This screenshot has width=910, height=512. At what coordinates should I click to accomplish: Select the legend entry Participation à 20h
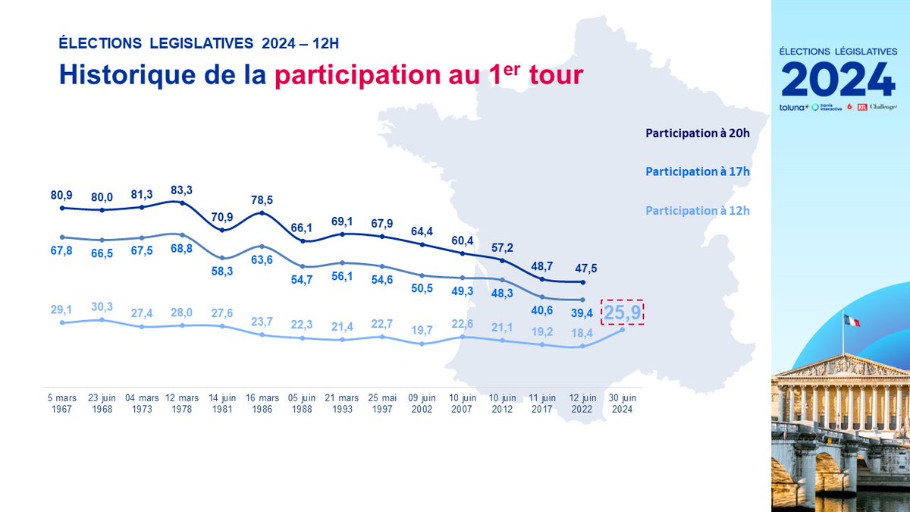click(x=697, y=133)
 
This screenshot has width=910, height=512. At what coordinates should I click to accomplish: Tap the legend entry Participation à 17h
click(x=697, y=171)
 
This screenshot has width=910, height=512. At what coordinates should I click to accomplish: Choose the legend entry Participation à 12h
click(x=697, y=210)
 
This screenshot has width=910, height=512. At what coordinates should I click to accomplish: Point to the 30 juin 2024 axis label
click(x=622, y=404)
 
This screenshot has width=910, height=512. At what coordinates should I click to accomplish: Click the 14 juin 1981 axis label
click(x=223, y=404)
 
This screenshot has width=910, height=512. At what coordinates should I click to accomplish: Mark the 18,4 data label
click(x=582, y=333)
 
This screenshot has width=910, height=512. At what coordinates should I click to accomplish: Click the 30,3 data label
click(x=102, y=306)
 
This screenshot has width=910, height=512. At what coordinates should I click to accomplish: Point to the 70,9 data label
click(x=221, y=217)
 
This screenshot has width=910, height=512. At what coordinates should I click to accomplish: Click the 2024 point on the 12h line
click(x=623, y=329)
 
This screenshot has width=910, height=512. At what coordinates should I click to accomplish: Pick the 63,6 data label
click(x=262, y=261)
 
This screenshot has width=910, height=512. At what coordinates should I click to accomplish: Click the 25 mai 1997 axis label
click(x=382, y=404)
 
